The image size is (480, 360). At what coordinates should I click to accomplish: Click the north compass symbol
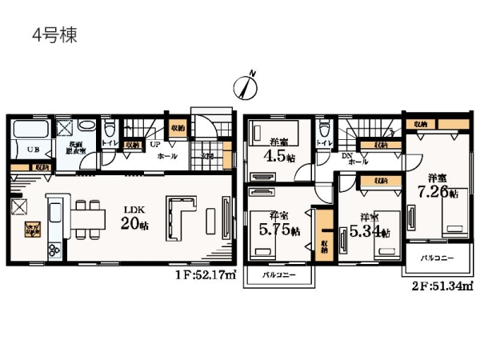(x=246, y=83)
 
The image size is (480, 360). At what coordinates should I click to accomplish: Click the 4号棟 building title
(x=54, y=36)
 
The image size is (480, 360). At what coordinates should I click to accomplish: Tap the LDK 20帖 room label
(x=133, y=218)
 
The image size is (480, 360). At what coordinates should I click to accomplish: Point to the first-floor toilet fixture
(x=110, y=130)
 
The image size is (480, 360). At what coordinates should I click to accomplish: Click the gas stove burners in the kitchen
(x=54, y=250)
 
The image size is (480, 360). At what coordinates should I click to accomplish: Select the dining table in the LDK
(x=89, y=216)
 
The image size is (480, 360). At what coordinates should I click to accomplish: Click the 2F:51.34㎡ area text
(x=443, y=284)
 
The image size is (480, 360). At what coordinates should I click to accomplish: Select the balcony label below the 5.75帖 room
(x=279, y=276)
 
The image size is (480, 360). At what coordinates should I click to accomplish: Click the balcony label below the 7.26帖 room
(x=437, y=258)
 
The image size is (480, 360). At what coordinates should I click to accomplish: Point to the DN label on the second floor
(x=347, y=156)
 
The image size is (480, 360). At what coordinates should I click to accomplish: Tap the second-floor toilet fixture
(x=323, y=129)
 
